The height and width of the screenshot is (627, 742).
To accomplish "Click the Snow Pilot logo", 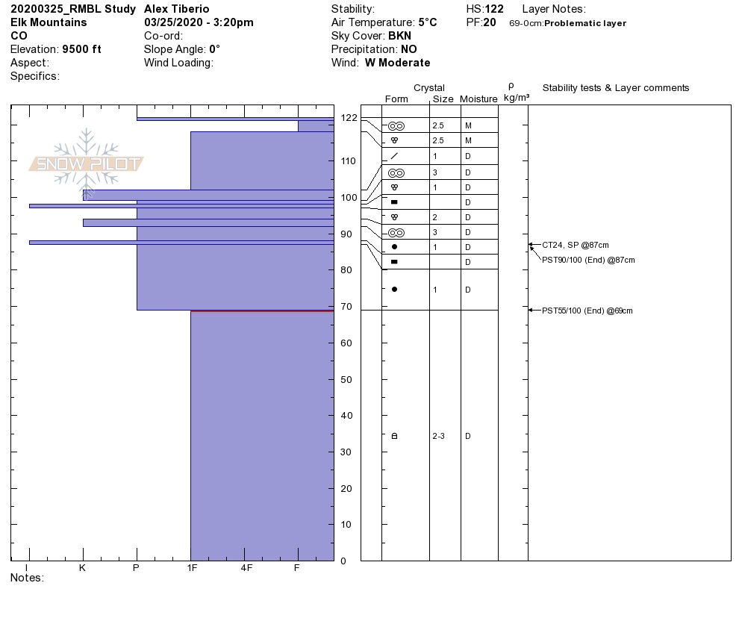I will click(x=87, y=163).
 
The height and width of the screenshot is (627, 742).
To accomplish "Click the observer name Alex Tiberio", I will click(x=177, y=9).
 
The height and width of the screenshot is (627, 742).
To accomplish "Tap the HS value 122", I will click(x=494, y=9).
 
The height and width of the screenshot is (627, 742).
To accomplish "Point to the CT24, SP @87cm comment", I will click(x=576, y=245).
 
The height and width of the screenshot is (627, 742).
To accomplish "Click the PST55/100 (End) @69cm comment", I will click(x=587, y=311).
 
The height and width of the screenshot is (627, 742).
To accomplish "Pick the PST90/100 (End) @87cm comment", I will click(x=588, y=260).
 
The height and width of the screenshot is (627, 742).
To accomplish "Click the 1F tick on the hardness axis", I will click(x=191, y=568).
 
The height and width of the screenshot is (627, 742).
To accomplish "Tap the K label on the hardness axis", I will click(x=83, y=568).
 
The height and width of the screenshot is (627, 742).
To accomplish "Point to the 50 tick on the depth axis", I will click(x=346, y=379).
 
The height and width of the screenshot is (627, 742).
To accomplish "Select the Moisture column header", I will click(x=478, y=99).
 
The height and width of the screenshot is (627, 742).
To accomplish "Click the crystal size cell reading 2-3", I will click(x=438, y=436).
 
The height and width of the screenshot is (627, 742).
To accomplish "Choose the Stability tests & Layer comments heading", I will click(x=616, y=88).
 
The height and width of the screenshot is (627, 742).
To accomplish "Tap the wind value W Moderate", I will click(x=397, y=63).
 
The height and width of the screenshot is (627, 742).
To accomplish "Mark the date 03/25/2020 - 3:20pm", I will click(x=199, y=22).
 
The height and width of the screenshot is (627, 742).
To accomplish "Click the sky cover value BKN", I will click(x=399, y=36).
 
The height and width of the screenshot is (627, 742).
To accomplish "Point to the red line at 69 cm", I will click(x=262, y=311).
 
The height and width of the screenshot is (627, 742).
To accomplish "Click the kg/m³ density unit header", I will click(x=517, y=98).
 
